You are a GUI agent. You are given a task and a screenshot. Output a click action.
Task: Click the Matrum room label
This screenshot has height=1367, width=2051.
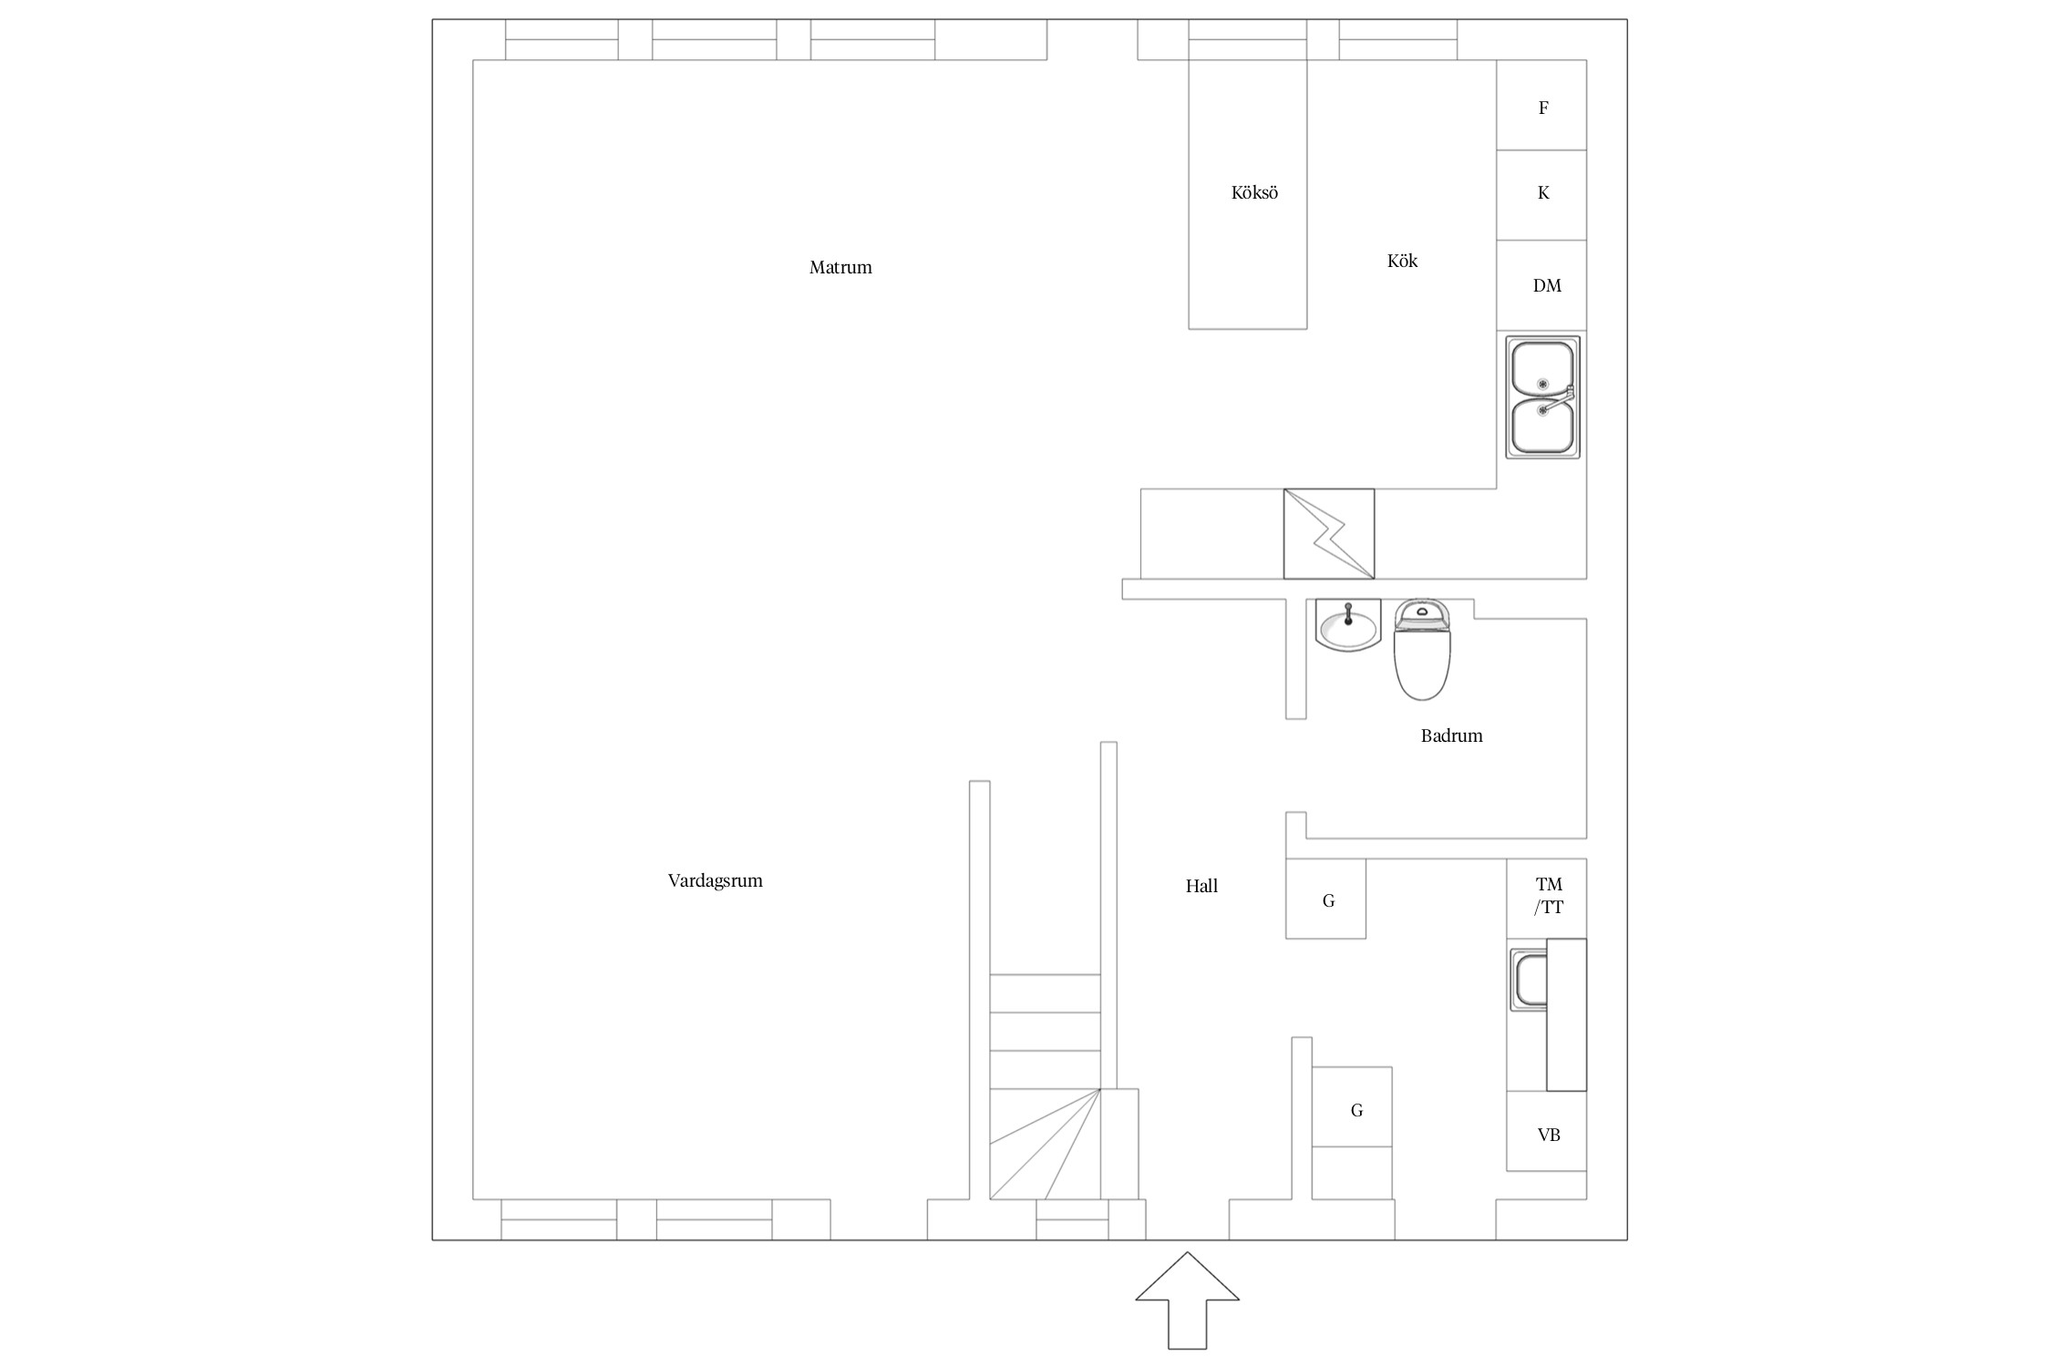coord(840,267)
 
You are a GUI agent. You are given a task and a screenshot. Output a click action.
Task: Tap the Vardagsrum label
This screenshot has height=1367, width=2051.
coord(715,881)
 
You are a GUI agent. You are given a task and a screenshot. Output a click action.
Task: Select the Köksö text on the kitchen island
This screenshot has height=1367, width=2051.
coord(1254,192)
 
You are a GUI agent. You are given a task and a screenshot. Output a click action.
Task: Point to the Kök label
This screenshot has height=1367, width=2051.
coord(1402,261)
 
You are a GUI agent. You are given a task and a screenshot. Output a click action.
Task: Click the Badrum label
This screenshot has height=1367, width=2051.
coord(1451,735)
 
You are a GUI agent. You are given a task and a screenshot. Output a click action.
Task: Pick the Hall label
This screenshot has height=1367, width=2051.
coord(1201,886)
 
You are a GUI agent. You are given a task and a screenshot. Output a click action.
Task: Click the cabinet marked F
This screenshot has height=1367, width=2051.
coord(1541,105)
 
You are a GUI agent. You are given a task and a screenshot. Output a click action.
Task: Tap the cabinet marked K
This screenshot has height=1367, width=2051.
coord(1541,195)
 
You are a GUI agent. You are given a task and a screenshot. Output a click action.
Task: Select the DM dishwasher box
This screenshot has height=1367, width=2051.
coord(1541,285)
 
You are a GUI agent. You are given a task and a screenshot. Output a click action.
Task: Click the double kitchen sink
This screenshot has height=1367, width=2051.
coord(1542,397)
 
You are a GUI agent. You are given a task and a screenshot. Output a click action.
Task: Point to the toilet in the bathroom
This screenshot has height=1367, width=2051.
coord(1422,649)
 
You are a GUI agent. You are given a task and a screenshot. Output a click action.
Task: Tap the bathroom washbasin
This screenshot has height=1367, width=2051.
coord(1348,625)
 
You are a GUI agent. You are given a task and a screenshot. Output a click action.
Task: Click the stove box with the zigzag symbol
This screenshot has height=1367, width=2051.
coord(1329,534)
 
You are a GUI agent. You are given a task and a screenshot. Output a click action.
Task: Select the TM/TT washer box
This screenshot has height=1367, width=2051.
coord(1547,899)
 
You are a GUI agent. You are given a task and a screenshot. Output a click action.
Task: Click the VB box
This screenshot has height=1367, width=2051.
coord(1547,1131)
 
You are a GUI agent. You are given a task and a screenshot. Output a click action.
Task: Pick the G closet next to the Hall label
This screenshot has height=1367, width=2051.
coord(1325,899)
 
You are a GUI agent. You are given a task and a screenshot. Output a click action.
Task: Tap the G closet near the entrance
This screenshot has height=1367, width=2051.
coord(1352,1107)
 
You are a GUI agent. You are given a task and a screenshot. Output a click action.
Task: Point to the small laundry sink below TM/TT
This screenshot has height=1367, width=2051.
coord(1529,980)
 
